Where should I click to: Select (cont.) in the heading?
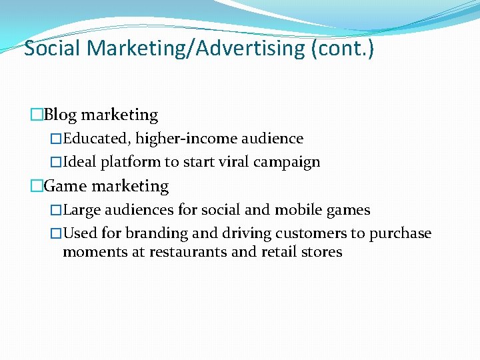pyautogui.click(x=343, y=48)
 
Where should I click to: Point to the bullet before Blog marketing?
pyautogui.click(x=37, y=115)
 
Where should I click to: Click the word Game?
pyautogui.click(x=65, y=186)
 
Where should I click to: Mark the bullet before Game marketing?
pyautogui.click(x=37, y=187)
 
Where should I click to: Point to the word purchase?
pyautogui.click(x=400, y=233)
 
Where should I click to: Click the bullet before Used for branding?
pyautogui.click(x=56, y=234)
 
